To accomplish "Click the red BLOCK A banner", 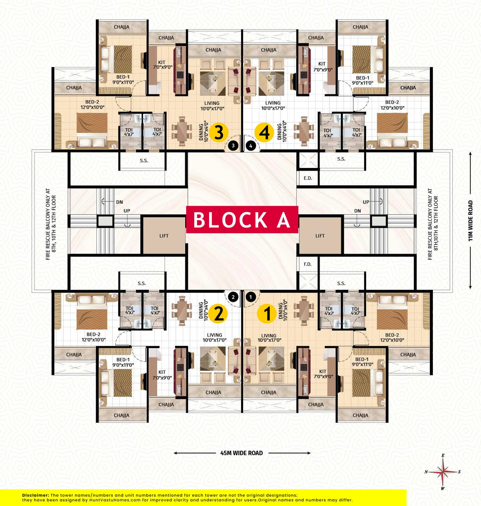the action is [242, 220].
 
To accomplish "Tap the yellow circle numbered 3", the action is [219, 132].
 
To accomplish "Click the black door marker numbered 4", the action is [251, 146].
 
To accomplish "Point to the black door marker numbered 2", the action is [233, 297].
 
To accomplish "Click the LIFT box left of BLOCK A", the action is [164, 236].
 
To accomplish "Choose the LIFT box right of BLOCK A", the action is [320, 236].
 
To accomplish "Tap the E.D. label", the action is [308, 178].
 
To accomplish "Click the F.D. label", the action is [308, 264].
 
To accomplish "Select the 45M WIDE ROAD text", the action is [241, 453].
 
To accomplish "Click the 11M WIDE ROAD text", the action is [470, 221].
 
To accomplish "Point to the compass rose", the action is [443, 472].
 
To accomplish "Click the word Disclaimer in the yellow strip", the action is [36, 495].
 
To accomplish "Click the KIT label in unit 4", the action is [322, 64].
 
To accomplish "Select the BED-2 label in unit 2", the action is [93, 334].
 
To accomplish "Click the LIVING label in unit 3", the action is [212, 103].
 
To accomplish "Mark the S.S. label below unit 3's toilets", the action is [144, 161].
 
